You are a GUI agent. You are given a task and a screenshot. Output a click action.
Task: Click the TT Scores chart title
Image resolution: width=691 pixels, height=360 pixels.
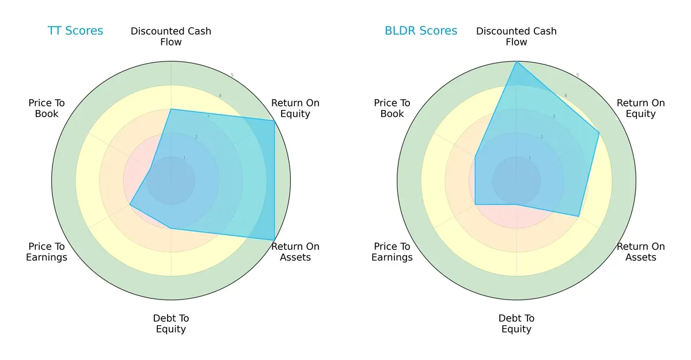click(75, 31)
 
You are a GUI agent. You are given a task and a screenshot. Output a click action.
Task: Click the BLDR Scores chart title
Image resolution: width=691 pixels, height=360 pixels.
click(421, 31)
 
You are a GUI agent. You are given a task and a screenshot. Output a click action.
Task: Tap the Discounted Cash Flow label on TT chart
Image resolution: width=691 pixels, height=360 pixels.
click(171, 36)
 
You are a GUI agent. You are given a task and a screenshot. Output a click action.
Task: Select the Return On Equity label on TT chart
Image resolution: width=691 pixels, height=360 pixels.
click(295, 108)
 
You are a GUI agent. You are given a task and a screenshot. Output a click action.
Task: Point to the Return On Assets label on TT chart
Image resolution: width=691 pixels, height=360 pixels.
click(295, 252)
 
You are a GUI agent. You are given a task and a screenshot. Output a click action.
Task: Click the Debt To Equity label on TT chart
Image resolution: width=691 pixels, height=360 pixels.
click(171, 324)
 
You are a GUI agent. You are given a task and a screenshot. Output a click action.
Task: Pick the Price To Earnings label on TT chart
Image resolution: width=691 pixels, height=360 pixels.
click(47, 252)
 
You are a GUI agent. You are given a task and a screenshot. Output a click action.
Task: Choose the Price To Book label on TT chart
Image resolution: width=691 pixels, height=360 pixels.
click(47, 108)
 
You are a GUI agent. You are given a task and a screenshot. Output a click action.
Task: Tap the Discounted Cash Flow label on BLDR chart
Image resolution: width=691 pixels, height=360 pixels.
click(517, 36)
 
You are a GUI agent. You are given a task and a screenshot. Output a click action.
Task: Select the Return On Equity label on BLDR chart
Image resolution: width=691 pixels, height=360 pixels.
click(641, 108)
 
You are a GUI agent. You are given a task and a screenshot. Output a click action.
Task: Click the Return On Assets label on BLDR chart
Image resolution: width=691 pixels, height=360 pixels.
click(641, 252)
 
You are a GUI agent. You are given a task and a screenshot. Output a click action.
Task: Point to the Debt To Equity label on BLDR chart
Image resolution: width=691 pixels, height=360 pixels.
click(517, 324)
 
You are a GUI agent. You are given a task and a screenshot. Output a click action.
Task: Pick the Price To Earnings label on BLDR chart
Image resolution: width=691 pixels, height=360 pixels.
click(392, 252)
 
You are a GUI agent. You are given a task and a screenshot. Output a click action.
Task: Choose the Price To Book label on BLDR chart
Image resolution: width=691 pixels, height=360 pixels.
click(392, 108)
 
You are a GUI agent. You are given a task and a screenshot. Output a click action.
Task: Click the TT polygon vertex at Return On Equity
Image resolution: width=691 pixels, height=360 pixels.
click(274, 120)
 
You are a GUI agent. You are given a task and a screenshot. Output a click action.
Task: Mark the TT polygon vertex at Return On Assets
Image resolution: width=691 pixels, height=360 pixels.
click(274, 240)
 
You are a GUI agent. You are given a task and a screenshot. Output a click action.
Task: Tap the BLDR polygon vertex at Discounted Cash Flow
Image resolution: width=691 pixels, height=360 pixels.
click(517, 62)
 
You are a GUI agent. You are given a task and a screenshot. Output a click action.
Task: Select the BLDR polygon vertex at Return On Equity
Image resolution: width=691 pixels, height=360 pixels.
click(599, 132)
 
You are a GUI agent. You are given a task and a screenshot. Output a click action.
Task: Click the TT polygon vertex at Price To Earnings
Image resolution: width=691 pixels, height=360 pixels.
click(130, 204)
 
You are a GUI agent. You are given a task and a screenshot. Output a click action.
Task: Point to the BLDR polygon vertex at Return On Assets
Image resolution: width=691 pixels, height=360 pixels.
click(579, 216)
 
